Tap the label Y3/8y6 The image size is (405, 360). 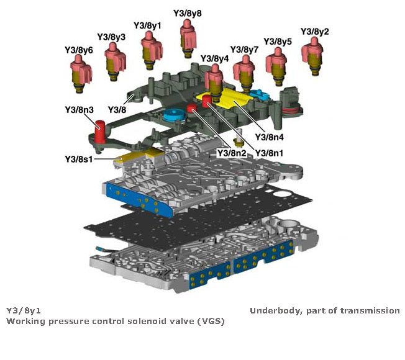click(x=79, y=49)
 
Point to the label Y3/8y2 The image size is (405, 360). click(x=315, y=32)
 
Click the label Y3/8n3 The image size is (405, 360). click(x=79, y=110)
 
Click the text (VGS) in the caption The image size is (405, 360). click(x=211, y=322)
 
